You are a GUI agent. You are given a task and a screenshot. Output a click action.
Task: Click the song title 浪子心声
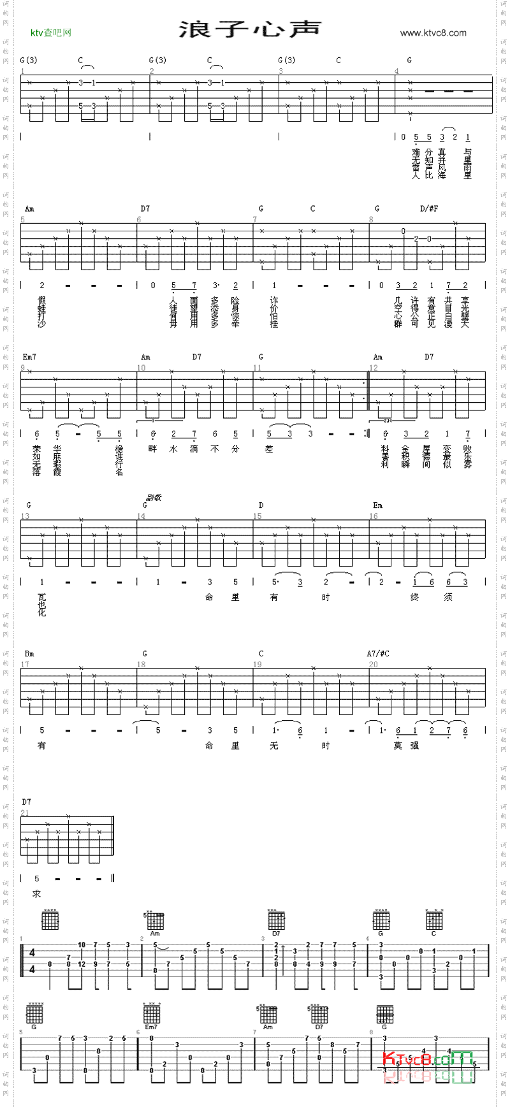(250, 29)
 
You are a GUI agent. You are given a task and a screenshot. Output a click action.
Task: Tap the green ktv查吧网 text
(51, 33)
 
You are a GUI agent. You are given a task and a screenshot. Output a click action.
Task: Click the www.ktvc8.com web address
(433, 33)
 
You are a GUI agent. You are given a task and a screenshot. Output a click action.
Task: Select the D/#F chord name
(429, 208)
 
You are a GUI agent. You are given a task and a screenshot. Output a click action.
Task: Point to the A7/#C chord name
(377, 654)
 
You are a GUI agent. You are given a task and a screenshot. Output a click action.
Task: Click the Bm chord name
(29, 654)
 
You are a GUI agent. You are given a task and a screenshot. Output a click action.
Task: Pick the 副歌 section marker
(154, 497)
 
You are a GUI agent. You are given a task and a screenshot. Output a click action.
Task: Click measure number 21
(25, 813)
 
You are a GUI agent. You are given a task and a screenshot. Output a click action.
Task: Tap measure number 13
(25, 516)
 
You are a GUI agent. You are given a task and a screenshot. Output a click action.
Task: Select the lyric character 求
(37, 894)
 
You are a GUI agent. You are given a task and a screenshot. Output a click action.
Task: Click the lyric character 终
(414, 597)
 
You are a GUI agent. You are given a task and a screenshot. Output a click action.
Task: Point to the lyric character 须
(448, 597)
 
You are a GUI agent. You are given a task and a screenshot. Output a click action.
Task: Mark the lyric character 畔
(152, 449)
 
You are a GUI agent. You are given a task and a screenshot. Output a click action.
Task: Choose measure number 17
(25, 665)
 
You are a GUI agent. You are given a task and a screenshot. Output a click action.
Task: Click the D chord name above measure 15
(261, 505)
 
